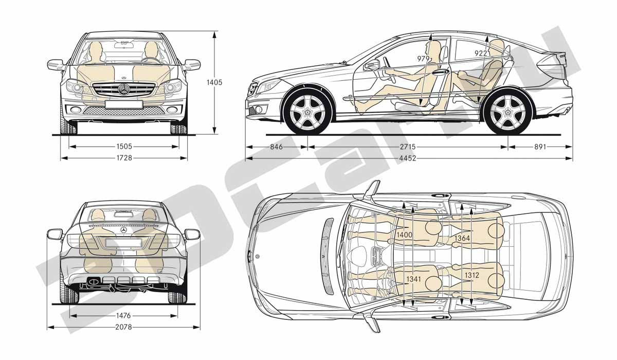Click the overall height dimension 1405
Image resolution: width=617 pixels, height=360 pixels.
(x=214, y=82)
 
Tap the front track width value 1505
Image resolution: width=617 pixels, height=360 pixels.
(x=124, y=147)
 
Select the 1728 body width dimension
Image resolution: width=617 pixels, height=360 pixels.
(x=124, y=158)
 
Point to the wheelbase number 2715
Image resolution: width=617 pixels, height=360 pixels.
(x=408, y=147)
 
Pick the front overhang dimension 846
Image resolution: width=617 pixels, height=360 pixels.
(x=276, y=147)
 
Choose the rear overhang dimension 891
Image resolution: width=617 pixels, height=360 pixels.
(x=540, y=147)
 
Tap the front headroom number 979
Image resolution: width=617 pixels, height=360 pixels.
(x=423, y=59)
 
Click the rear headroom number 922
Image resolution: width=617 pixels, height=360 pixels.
(x=481, y=53)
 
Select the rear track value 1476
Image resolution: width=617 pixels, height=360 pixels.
(x=123, y=316)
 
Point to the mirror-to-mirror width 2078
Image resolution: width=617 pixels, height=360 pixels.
(x=124, y=327)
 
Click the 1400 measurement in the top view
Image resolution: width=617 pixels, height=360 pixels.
(x=404, y=235)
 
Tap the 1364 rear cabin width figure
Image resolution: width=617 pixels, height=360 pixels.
(x=462, y=238)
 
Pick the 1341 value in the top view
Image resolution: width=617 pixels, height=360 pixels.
(x=413, y=279)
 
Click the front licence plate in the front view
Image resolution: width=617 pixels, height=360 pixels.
(x=124, y=104)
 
